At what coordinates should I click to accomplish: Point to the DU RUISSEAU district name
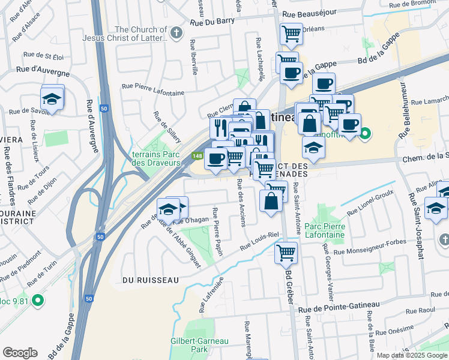(x=151, y=280)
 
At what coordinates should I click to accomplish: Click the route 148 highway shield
(x=196, y=156)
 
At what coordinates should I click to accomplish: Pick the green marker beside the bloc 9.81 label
(x=38, y=299)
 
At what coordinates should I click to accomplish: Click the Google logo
(x=20, y=353)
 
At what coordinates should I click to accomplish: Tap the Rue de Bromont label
(x=412, y=4)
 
